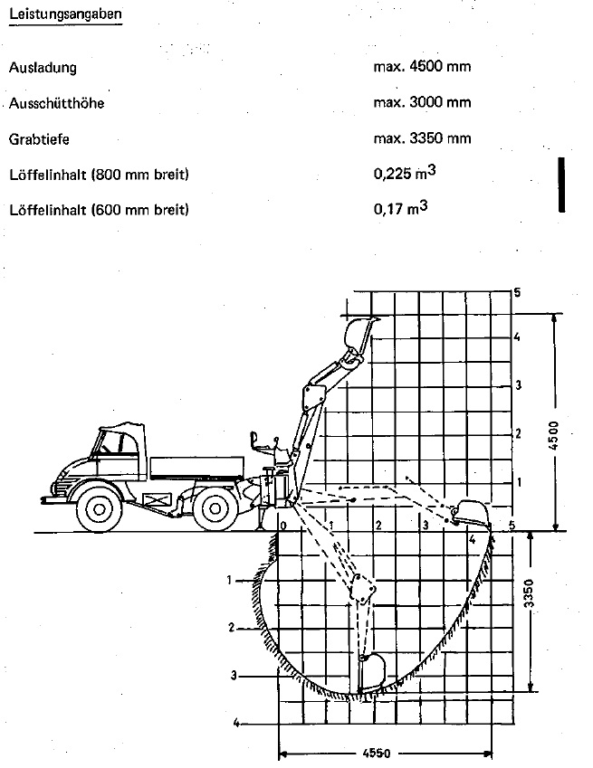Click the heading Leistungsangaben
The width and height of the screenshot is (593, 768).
click(x=65, y=14)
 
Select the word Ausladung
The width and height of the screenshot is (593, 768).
click(x=43, y=67)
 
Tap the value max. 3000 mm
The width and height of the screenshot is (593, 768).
click(x=422, y=102)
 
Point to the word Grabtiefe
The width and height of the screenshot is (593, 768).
click(x=39, y=139)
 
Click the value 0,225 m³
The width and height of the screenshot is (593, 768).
click(x=405, y=173)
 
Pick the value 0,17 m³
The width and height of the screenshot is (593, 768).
click(x=400, y=208)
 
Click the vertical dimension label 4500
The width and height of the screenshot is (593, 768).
click(x=553, y=435)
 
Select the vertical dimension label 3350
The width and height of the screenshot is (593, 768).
click(x=528, y=593)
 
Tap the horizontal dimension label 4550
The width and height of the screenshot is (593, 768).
click(x=377, y=753)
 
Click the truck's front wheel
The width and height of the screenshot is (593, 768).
click(x=100, y=509)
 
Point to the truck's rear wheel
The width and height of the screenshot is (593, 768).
click(x=215, y=508)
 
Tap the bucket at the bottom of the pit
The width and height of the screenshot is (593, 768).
click(x=372, y=672)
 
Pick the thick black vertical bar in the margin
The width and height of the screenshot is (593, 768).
click(x=561, y=185)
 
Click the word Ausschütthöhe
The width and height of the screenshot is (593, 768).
click(x=56, y=103)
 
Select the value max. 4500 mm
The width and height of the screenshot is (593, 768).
click(x=422, y=66)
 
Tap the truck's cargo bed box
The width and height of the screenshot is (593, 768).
click(x=197, y=469)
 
